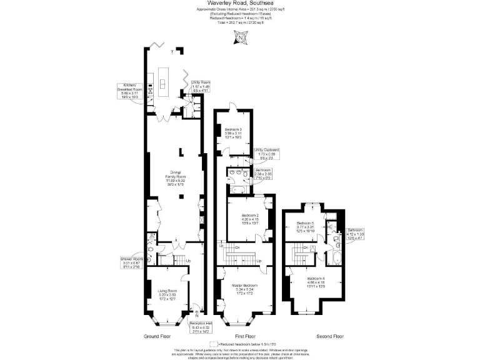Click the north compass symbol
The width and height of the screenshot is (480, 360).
[x=240, y=39]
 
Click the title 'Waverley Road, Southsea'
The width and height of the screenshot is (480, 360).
[x=240, y=3]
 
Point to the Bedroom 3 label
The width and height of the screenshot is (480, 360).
[x=233, y=133]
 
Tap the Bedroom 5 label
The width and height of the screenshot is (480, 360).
[x=305, y=227]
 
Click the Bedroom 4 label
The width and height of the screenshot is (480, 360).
[x=316, y=282]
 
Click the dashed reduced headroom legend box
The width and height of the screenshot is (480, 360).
[x=214, y=344]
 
